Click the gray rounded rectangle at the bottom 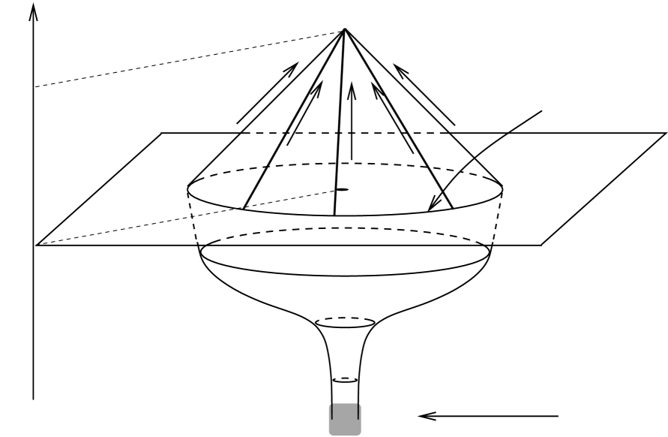[345, 419]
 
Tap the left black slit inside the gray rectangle [332, 411]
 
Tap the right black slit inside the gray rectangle [358, 411]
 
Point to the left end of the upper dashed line [34, 86]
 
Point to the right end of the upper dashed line [337, 32]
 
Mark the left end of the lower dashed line [34, 244]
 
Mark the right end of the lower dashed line [337, 191]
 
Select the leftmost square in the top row [253, 134]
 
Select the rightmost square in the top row [436, 135]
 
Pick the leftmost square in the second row [208, 178]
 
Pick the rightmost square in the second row [479, 178]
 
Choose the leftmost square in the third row [223, 239]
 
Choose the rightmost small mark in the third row [473, 240]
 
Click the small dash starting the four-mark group [322, 319]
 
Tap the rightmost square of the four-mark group [361, 318]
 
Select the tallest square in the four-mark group [348, 316]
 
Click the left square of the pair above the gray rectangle [339, 376]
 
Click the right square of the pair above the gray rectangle [352, 376]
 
